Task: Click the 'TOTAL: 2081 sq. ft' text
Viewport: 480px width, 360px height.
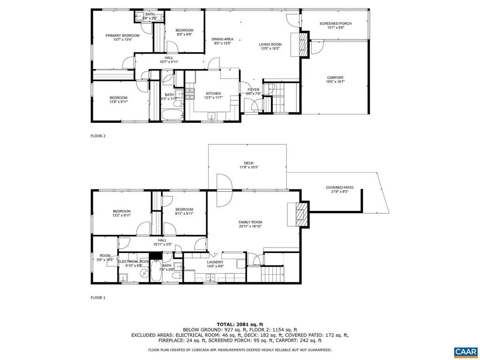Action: click(240, 324)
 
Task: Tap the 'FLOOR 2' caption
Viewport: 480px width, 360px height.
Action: click(98, 136)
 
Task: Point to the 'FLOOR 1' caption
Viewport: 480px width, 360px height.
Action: click(98, 297)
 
